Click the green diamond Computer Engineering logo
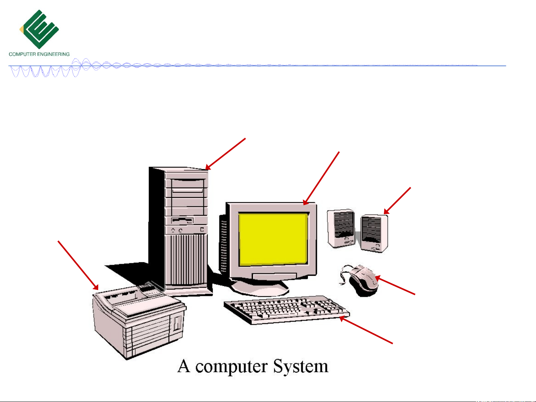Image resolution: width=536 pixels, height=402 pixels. [x=39, y=29]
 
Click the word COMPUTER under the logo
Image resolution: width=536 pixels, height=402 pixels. [x=22, y=54]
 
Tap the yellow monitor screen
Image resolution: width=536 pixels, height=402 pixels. [x=273, y=239]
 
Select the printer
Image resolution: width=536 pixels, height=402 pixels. [x=139, y=322]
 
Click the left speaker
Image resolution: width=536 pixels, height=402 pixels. [x=341, y=228]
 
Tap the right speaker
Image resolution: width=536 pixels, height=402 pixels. [x=374, y=233]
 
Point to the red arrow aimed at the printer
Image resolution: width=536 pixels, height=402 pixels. [x=78, y=266]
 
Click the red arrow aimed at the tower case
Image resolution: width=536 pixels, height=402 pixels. [x=225, y=154]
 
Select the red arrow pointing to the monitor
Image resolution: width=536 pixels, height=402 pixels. [x=321, y=179]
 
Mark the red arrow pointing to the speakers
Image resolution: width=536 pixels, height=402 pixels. [x=397, y=201]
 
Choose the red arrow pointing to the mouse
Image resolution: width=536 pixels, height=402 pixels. [x=395, y=285]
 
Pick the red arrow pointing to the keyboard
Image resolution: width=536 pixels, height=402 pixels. [x=366, y=330]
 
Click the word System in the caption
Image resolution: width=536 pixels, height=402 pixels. [x=301, y=367]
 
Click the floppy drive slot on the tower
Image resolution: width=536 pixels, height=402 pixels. [x=182, y=221]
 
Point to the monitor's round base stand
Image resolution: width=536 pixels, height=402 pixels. [x=259, y=287]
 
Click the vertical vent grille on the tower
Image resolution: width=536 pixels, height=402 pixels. [x=186, y=259]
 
